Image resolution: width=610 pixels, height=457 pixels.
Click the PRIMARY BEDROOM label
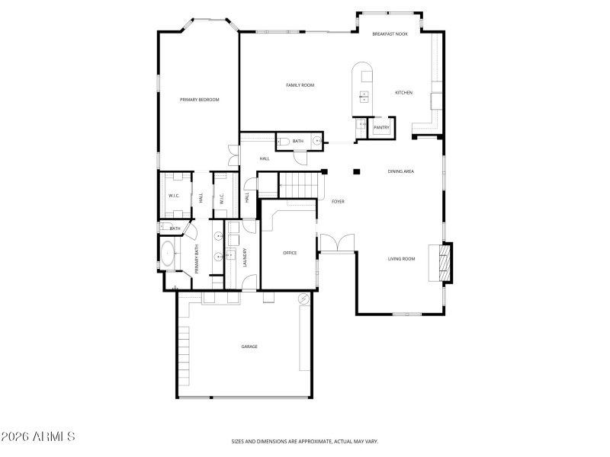point(199,100)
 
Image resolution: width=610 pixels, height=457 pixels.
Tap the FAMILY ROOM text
point(300,85)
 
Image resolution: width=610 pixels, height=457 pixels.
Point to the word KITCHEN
point(403,93)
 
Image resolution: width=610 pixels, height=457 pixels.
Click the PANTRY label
point(381,128)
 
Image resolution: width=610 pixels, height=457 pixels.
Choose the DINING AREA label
point(401,172)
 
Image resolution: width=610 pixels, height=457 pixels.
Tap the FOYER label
point(338,202)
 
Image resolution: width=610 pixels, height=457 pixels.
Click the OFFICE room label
point(290,253)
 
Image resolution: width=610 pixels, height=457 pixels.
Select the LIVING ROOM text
point(401,259)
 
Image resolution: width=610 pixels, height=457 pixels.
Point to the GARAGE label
point(249,347)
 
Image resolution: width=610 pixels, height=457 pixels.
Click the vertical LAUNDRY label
point(245,257)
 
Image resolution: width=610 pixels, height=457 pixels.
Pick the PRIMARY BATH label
point(197,259)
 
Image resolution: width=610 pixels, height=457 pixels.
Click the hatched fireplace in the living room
point(440,263)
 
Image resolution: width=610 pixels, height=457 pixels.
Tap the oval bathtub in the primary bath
point(168,255)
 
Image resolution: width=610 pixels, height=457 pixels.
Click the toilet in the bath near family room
point(284,141)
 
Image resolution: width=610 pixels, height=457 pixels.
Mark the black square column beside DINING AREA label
point(356,171)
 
